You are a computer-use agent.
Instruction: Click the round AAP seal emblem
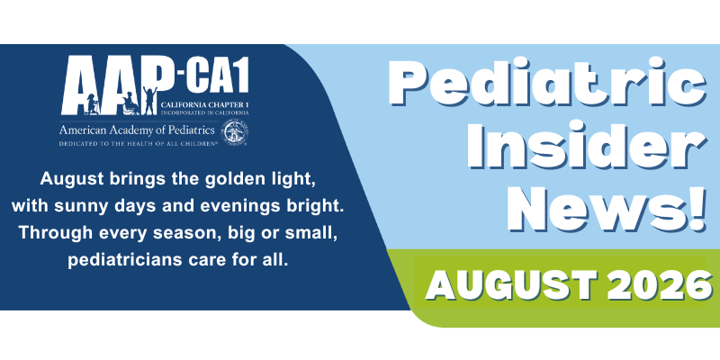coord(236,132)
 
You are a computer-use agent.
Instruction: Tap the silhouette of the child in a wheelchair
coord(130,103)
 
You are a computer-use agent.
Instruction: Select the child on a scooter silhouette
coord(92,104)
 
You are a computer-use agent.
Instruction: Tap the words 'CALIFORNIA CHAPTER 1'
coord(205,105)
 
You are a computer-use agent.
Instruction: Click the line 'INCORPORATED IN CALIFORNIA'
coord(205,112)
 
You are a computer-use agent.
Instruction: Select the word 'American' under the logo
coord(79,130)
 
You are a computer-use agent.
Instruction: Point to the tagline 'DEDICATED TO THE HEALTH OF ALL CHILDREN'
coord(139,144)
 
